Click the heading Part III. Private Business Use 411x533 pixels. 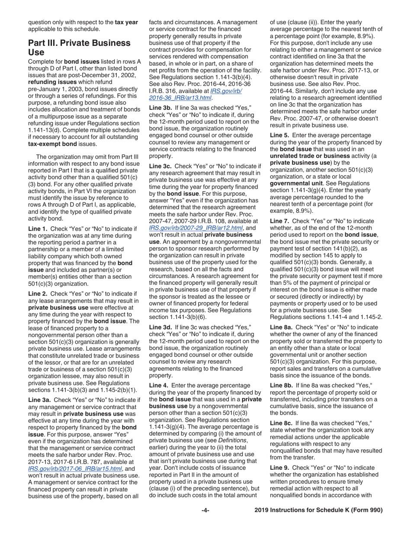tap(79, 48)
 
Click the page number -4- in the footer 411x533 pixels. tap(205, 510)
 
